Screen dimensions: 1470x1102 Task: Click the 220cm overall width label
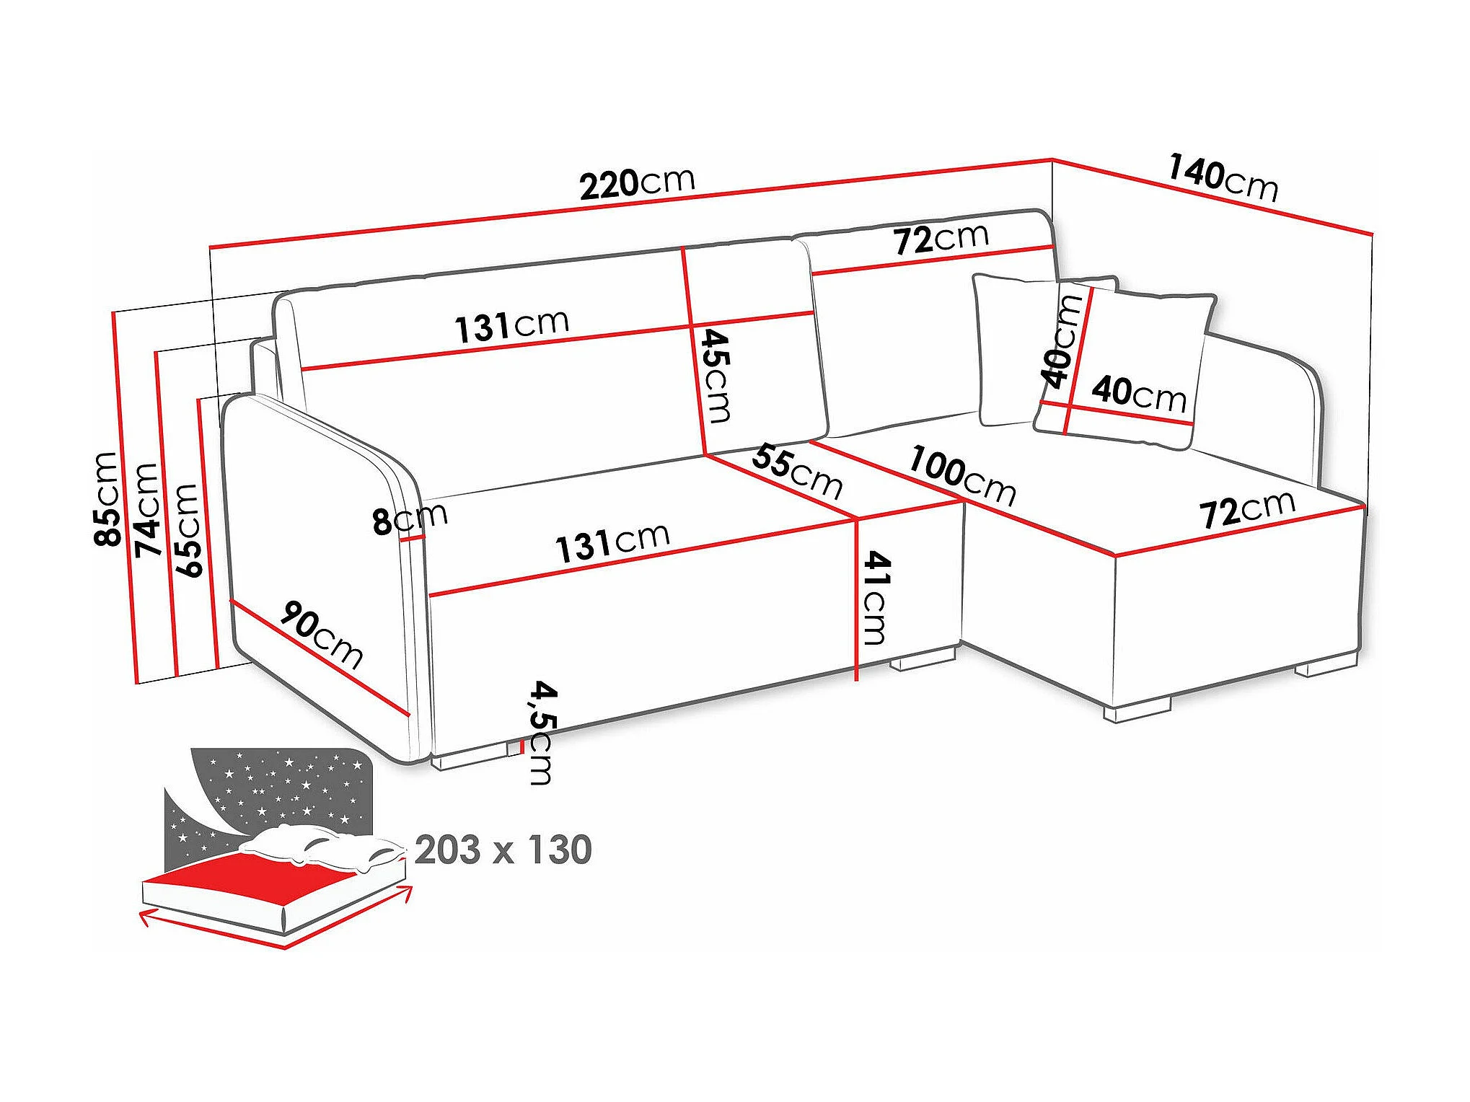click(637, 183)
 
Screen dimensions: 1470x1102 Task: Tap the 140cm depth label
click(1223, 177)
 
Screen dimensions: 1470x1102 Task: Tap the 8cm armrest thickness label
click(409, 518)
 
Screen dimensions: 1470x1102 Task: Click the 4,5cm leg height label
click(542, 732)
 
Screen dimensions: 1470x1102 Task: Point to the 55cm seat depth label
click(797, 472)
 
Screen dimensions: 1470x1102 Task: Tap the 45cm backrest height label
click(716, 375)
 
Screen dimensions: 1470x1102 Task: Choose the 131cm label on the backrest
click(511, 325)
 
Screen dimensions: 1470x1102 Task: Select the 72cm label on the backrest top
click(941, 239)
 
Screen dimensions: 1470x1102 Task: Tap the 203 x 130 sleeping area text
click(503, 850)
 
